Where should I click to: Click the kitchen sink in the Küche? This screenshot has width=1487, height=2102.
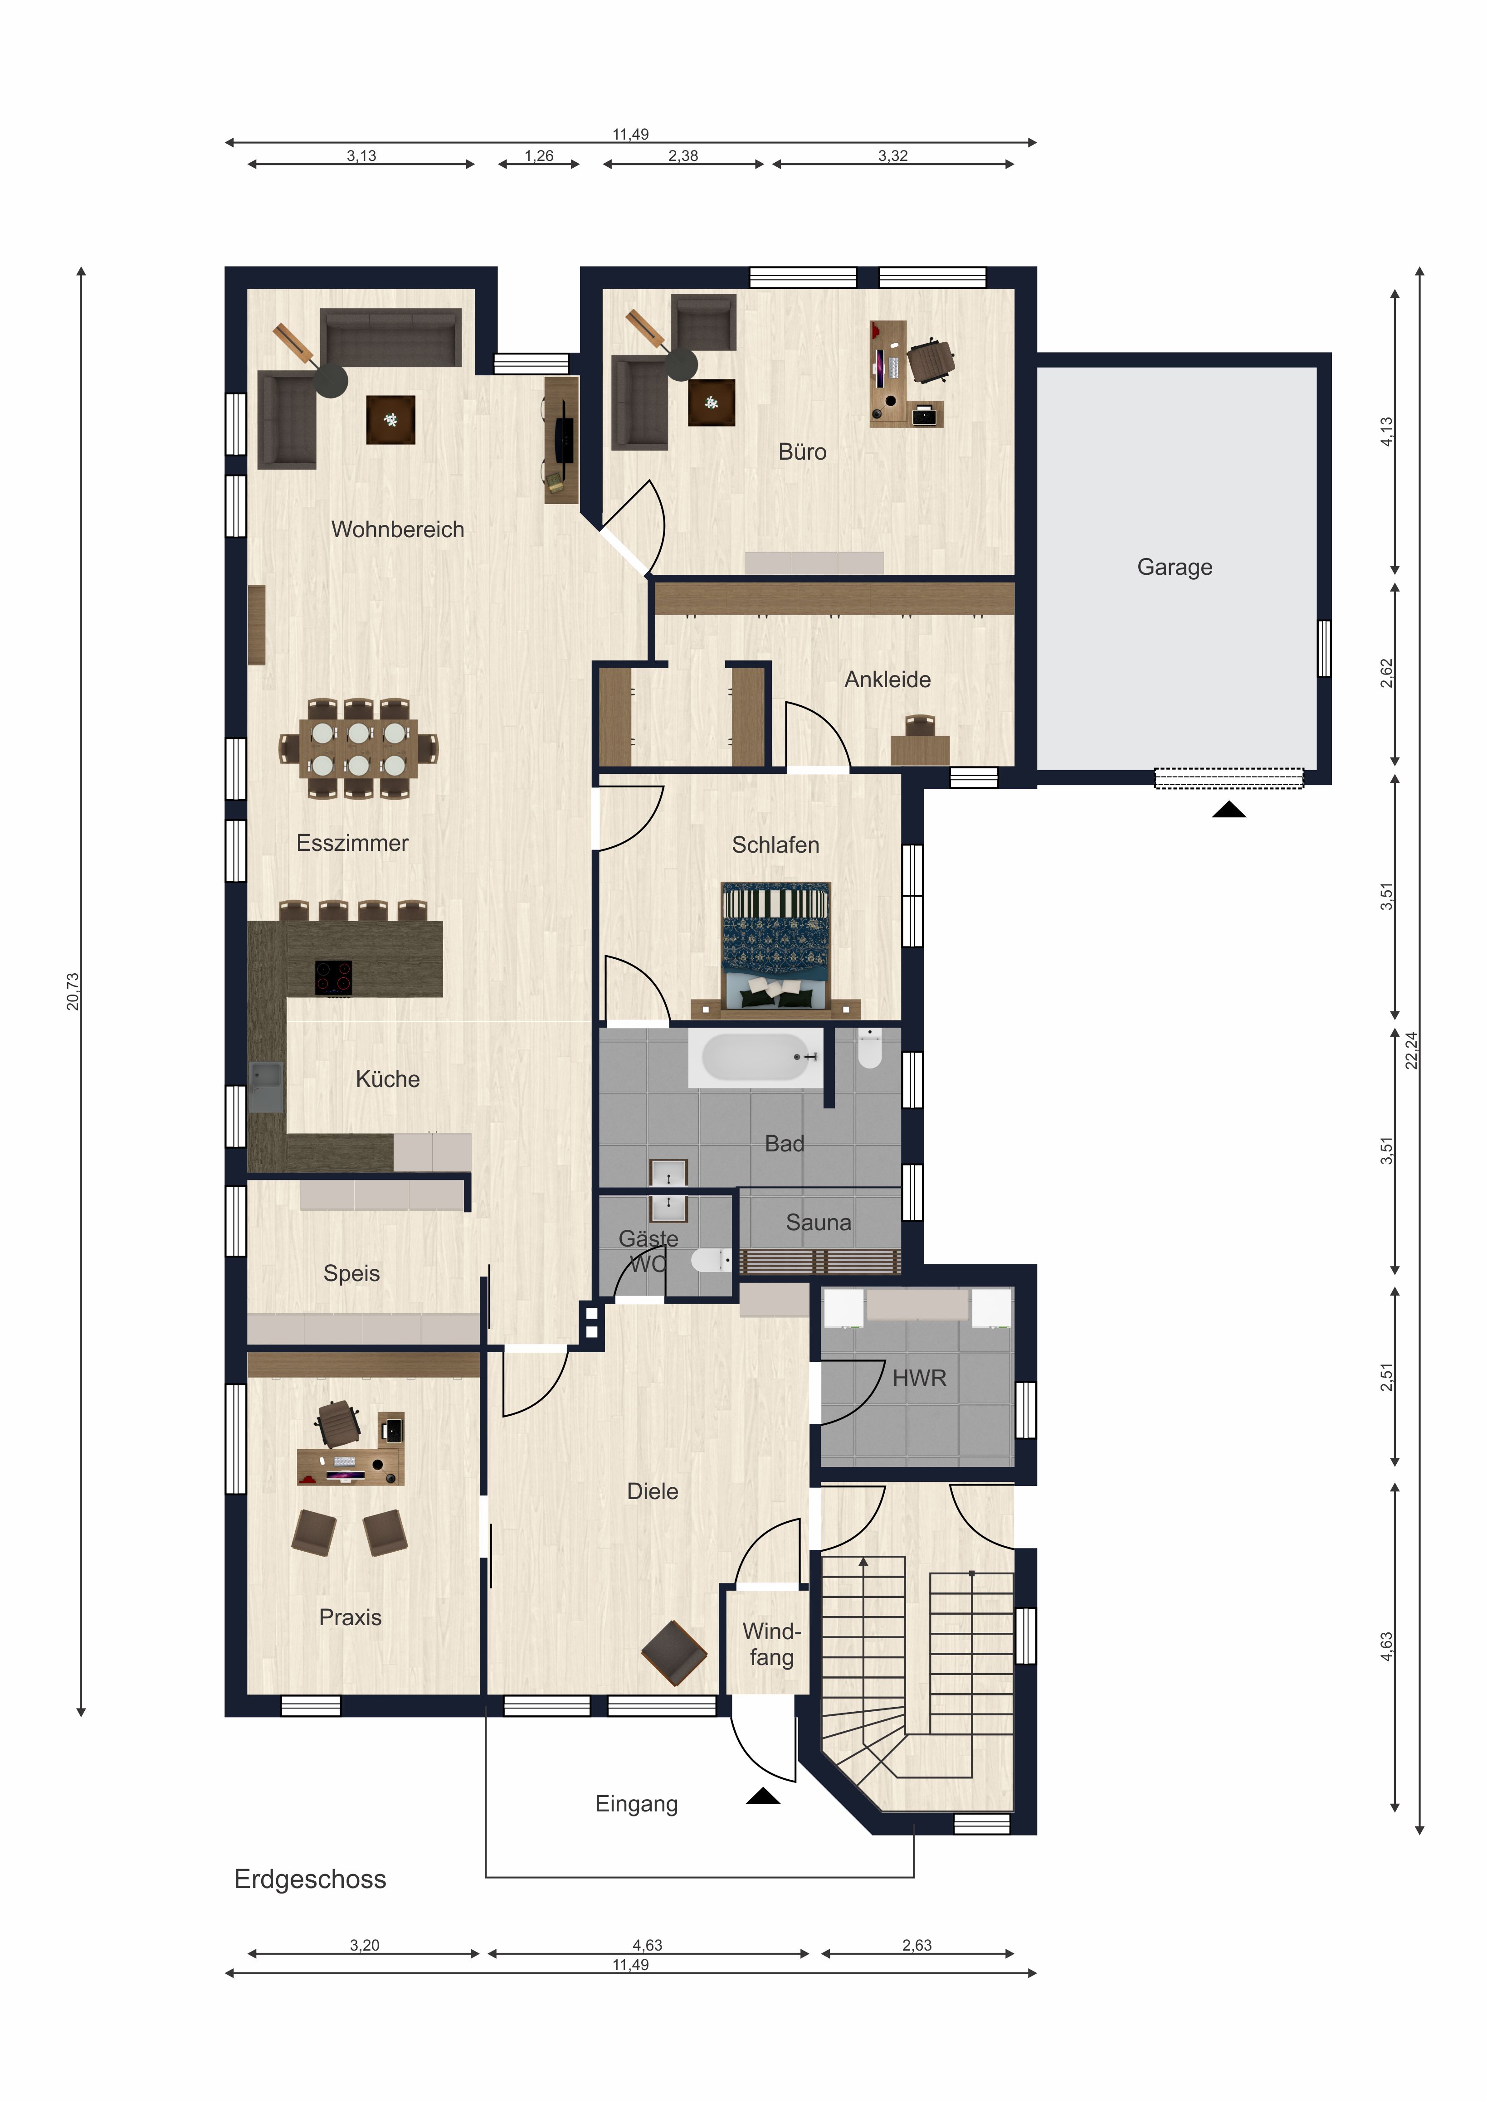(266, 1087)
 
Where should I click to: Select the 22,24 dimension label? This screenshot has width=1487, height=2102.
(1411, 1050)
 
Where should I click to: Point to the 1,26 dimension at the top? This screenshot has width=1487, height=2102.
(539, 155)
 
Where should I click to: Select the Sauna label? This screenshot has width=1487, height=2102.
(819, 1222)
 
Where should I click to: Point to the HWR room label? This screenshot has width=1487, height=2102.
(919, 1378)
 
